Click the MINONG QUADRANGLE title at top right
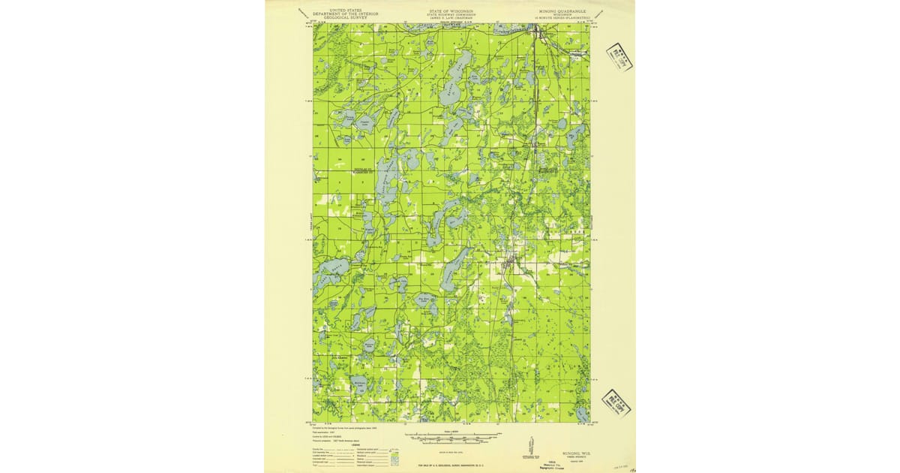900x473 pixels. coord(561,12)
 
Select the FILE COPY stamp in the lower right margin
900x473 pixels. coord(616,403)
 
